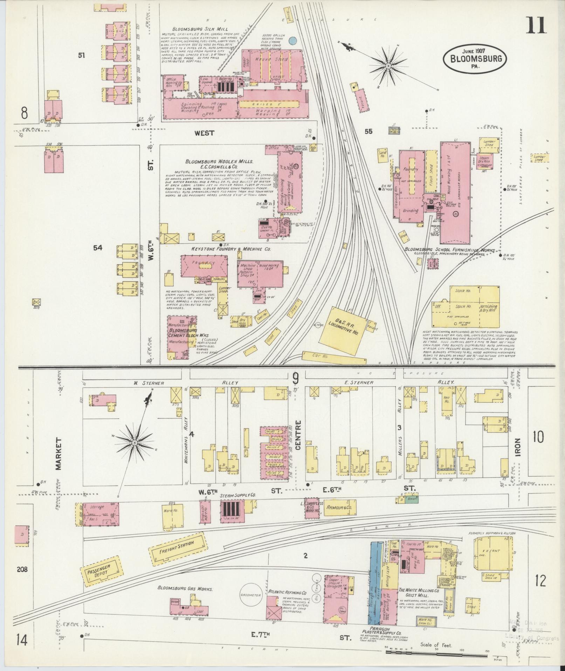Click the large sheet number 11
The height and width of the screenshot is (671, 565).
(536, 26)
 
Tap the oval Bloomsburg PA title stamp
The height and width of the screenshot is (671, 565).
(474, 59)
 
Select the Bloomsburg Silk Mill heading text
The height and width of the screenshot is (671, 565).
(200, 29)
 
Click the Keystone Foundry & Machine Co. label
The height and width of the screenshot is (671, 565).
(231, 249)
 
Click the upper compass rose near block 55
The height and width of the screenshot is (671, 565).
(388, 66)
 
